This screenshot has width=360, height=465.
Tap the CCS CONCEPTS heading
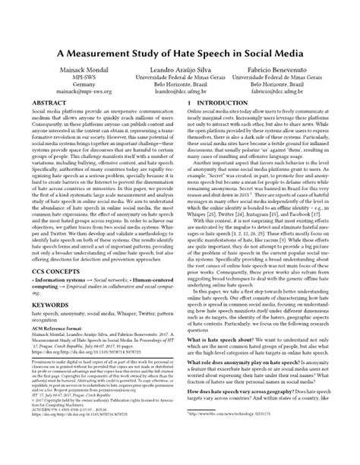pyautogui.click(x=56, y=313)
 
